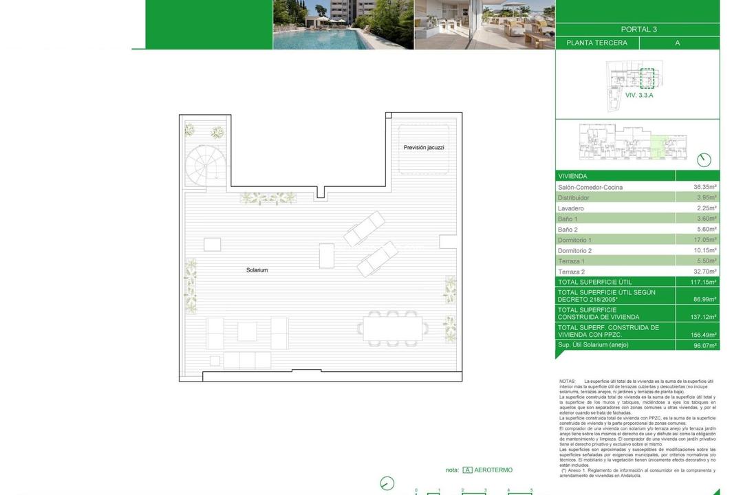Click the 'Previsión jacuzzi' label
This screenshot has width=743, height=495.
point(424,148)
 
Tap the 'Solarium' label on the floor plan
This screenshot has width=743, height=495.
point(257,270)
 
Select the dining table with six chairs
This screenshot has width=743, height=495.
point(393,329)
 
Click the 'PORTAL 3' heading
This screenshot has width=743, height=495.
point(638,30)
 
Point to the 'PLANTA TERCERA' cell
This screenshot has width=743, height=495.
point(596,43)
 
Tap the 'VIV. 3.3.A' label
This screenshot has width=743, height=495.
point(639,95)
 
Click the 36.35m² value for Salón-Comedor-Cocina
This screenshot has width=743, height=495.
point(704,187)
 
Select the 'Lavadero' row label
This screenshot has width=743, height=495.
point(571,208)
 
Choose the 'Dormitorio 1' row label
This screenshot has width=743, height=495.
point(574,240)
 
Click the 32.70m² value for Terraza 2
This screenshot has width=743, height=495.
point(704,272)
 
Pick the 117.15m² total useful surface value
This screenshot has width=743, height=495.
point(704,282)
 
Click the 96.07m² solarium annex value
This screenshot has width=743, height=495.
point(704,345)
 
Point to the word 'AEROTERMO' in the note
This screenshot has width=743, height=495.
point(493,470)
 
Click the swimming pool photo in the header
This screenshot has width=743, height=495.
point(343,25)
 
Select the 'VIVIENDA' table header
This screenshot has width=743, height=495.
point(572,176)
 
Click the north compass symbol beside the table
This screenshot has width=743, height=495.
point(704,159)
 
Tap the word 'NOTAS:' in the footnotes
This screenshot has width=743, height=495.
point(568,381)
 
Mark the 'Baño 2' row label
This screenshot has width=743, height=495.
point(568,230)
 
